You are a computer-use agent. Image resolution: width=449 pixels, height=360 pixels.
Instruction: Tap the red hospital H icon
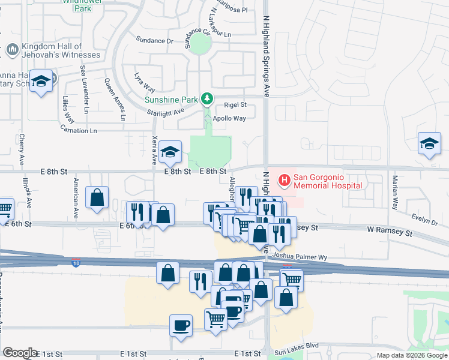pos(283,178)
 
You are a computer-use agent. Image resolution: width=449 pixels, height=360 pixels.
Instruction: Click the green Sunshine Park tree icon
pos(207,97)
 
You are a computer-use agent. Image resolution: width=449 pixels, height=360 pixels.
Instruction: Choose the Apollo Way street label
pos(229,118)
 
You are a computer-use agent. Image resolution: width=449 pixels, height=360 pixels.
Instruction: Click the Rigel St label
pos(235,104)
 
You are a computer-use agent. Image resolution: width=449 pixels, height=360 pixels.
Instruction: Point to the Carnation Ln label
pos(78,130)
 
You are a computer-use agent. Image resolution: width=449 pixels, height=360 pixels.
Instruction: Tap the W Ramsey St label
pos(392,232)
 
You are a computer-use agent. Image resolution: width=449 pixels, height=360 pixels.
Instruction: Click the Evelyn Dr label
pos(425,219)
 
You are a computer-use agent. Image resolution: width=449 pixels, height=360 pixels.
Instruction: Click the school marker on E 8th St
pos(171,152)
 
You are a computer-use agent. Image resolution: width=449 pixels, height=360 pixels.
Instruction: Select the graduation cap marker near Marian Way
pos(430,144)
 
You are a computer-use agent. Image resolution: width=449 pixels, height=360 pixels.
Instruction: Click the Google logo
pos(20,353)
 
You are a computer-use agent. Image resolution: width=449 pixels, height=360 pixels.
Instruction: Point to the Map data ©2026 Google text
pos(411,355)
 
